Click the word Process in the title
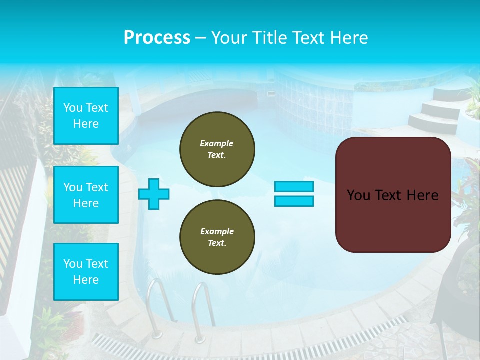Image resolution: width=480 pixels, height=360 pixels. (157, 38)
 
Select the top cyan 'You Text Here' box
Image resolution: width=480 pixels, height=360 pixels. (86, 116)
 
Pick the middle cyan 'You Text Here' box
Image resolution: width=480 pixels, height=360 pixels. (86, 195)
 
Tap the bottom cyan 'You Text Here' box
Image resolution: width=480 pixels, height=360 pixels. (86, 272)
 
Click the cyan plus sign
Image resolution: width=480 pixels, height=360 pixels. (154, 194)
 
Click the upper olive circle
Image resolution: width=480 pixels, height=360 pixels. (217, 149)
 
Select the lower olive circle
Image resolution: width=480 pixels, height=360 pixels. (217, 237)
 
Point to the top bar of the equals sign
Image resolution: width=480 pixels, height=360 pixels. (294, 186)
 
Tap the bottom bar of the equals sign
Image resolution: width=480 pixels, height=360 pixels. (294, 201)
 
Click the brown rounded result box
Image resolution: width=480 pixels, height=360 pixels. (393, 195)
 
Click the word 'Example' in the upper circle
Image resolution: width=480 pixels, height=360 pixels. (216, 143)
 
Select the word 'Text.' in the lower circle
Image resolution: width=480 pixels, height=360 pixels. (216, 243)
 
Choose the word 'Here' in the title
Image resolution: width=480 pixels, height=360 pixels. (348, 38)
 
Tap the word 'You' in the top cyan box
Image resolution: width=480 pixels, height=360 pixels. (73, 108)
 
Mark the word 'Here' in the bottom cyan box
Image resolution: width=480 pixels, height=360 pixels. (86, 280)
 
